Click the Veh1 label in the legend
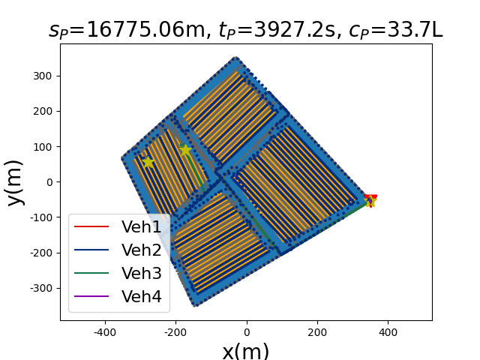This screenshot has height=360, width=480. click(x=141, y=226)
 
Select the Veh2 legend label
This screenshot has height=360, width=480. click(x=141, y=250)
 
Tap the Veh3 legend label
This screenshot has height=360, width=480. click(x=141, y=273)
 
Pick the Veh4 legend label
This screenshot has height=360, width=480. click(x=141, y=296)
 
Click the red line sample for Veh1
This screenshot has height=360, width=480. click(x=91, y=226)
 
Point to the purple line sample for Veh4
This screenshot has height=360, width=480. click(x=91, y=296)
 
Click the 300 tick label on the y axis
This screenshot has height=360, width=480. click(x=43, y=76)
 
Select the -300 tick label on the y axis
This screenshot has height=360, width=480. click(x=40, y=288)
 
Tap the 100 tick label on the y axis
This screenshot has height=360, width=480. click(x=43, y=147)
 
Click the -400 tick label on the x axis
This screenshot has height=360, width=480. click(x=105, y=332)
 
